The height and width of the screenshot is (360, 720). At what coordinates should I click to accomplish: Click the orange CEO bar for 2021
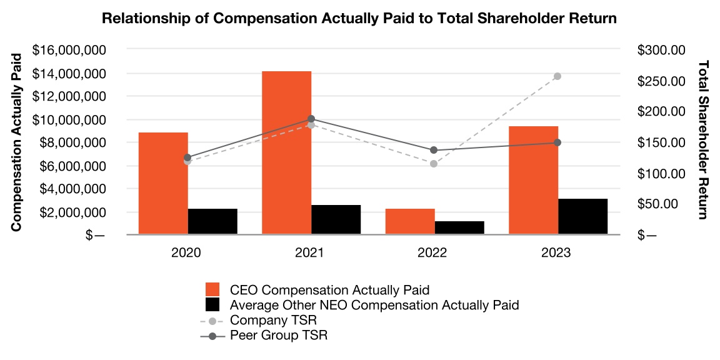click(x=286, y=152)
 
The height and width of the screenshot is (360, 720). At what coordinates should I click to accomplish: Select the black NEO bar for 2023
click(x=582, y=216)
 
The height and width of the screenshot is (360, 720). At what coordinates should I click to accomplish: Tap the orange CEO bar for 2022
click(x=410, y=221)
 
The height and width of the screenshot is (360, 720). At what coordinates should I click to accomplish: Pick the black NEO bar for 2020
click(x=212, y=221)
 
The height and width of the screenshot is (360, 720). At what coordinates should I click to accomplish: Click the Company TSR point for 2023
click(x=557, y=76)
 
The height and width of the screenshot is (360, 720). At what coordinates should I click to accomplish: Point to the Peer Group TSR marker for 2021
click(x=311, y=119)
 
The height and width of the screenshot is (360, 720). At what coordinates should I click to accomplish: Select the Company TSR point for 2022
click(x=434, y=164)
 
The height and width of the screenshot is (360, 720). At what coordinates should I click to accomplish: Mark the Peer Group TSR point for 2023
click(x=557, y=142)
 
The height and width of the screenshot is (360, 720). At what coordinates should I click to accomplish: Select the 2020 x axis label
click(x=186, y=253)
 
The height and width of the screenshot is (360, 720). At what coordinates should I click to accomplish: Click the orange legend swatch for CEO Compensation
click(x=213, y=290)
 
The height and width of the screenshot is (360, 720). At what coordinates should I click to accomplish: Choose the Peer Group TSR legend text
click(x=278, y=336)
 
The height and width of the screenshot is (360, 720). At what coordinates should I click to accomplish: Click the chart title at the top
click(x=359, y=19)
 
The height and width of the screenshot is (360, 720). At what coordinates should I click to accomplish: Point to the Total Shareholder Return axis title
click(x=704, y=139)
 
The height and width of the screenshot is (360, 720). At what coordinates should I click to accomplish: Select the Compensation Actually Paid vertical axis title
click(x=17, y=142)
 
